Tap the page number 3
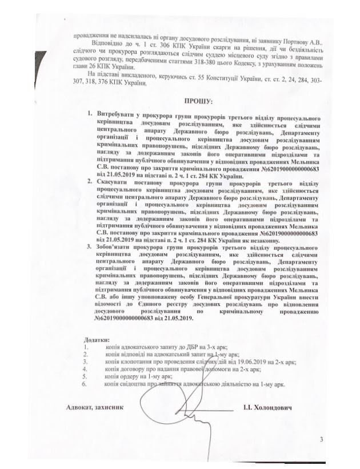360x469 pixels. [321, 440]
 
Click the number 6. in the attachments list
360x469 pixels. [86, 384]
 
